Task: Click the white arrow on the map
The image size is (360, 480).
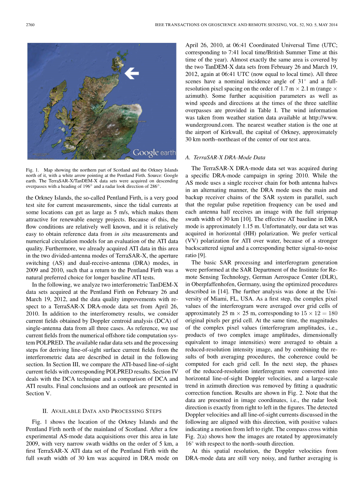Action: coord(132,72)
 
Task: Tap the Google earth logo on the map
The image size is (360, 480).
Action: coord(154,152)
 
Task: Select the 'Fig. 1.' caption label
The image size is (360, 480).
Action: coord(32,170)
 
